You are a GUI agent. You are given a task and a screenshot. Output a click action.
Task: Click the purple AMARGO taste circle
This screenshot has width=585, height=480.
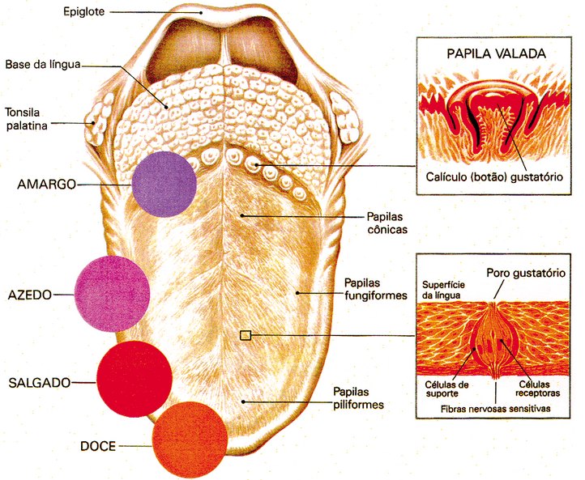coord(164,184)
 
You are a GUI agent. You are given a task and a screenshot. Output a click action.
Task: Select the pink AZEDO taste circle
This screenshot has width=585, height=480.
coord(112,294)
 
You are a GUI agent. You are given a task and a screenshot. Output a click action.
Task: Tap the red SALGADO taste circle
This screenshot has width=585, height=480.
coord(135,379)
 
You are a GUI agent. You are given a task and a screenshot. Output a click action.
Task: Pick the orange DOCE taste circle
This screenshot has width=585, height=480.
coord(190,440)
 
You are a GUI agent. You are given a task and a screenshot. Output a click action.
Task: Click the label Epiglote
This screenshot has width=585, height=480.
coord(83,12)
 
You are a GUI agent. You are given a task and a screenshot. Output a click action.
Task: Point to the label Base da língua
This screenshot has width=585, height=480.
coord(43,65)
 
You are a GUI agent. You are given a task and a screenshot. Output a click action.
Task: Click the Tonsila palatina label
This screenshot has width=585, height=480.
coord(26,119)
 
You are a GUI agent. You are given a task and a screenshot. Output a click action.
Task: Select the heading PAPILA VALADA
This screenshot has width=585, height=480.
coord(496,53)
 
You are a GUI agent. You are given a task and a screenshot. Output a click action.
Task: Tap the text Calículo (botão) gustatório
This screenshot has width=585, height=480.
coord(494,176)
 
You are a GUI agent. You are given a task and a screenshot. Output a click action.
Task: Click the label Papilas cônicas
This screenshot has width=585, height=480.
coord(386,223)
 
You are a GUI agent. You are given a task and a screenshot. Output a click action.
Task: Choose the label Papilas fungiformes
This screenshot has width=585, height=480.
coord(375,289)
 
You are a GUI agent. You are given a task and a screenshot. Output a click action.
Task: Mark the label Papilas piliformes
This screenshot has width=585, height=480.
coord(358,398)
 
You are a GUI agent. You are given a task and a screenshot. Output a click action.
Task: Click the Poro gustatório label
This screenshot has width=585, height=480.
coord(526,273)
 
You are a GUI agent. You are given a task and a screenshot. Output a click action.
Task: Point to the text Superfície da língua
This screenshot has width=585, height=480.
coord(443,290)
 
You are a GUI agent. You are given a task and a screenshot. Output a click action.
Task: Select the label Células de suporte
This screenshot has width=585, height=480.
coord(446,389)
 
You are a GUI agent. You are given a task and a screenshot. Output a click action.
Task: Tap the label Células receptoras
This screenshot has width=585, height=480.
coord(537,389)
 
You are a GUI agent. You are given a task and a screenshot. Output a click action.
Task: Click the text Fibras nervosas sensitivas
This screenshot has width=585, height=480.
coord(495,409)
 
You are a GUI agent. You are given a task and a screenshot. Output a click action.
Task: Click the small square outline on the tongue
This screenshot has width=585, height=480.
coord(246,336)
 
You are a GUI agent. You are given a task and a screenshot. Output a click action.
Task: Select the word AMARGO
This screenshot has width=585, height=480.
coord(46,184)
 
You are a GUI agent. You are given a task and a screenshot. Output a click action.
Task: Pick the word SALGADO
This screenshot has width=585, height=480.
coord(40,383)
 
